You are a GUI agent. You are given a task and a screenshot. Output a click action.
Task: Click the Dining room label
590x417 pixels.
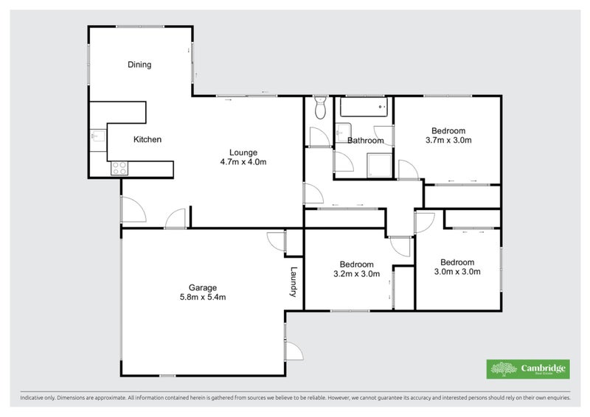tap(139, 65)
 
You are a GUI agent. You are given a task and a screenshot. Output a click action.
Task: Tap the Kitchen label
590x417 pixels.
tap(147, 139)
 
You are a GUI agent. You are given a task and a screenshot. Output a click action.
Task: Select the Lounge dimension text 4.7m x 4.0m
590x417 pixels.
tap(243, 162)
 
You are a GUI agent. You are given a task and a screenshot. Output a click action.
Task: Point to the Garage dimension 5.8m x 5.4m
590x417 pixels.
tap(202, 298)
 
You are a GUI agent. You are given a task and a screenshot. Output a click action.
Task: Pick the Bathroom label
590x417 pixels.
tap(366, 141)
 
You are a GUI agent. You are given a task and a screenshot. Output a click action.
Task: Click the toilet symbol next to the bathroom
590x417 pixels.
tap(319, 108)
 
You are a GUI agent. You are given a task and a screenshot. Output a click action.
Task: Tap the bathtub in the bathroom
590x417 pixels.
tap(364, 108)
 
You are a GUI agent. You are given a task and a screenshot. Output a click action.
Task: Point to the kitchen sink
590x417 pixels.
tap(96, 137)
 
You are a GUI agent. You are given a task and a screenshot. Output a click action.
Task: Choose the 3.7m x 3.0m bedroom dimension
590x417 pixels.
tap(448, 140)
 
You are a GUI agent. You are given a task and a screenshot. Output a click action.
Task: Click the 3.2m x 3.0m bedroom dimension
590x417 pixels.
tap(356, 274)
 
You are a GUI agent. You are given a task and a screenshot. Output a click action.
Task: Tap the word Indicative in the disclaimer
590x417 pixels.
tap(35, 398)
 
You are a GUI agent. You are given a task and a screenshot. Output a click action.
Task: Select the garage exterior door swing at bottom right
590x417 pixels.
tap(293, 351)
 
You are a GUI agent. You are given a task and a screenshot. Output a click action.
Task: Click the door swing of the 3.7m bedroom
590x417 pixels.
tap(407, 170)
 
